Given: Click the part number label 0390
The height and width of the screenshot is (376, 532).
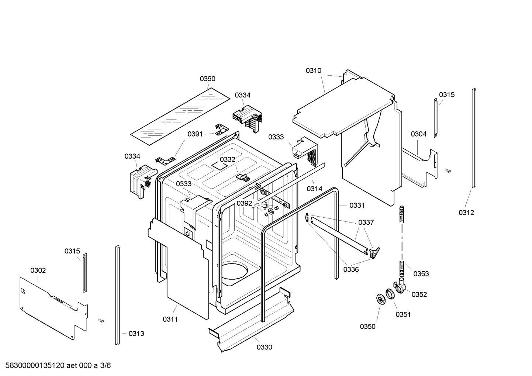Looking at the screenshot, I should click(x=207, y=79).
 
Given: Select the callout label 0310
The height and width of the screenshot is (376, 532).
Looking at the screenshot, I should click(x=313, y=70).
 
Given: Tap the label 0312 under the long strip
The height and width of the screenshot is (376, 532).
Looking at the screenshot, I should click(x=466, y=213).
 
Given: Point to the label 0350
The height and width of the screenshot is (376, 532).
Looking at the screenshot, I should click(x=367, y=326).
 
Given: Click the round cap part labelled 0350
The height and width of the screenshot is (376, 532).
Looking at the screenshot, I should click(x=379, y=299).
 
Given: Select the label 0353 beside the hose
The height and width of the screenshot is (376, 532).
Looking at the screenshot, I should click(x=421, y=274).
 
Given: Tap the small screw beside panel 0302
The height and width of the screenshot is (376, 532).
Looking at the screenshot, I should click(x=100, y=320).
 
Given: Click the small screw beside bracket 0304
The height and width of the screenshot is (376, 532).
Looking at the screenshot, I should click(x=448, y=170).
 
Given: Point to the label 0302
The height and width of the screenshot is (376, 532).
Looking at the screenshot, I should click(x=38, y=270).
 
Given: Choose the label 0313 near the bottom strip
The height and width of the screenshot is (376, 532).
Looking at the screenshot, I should click(x=136, y=334).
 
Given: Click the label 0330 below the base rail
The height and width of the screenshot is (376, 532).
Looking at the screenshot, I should click(x=264, y=347).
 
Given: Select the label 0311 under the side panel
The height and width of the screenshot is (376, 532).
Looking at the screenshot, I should click(x=170, y=319).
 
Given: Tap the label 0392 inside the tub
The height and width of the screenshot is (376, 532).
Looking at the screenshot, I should click(x=244, y=203).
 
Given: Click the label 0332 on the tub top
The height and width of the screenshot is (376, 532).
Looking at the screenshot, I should click(x=227, y=159).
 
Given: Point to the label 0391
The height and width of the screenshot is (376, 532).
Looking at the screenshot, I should click(x=195, y=134).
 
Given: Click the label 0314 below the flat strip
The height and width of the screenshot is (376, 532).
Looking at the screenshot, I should click(x=314, y=189).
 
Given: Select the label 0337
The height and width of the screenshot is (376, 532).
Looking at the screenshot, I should click(x=366, y=223).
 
